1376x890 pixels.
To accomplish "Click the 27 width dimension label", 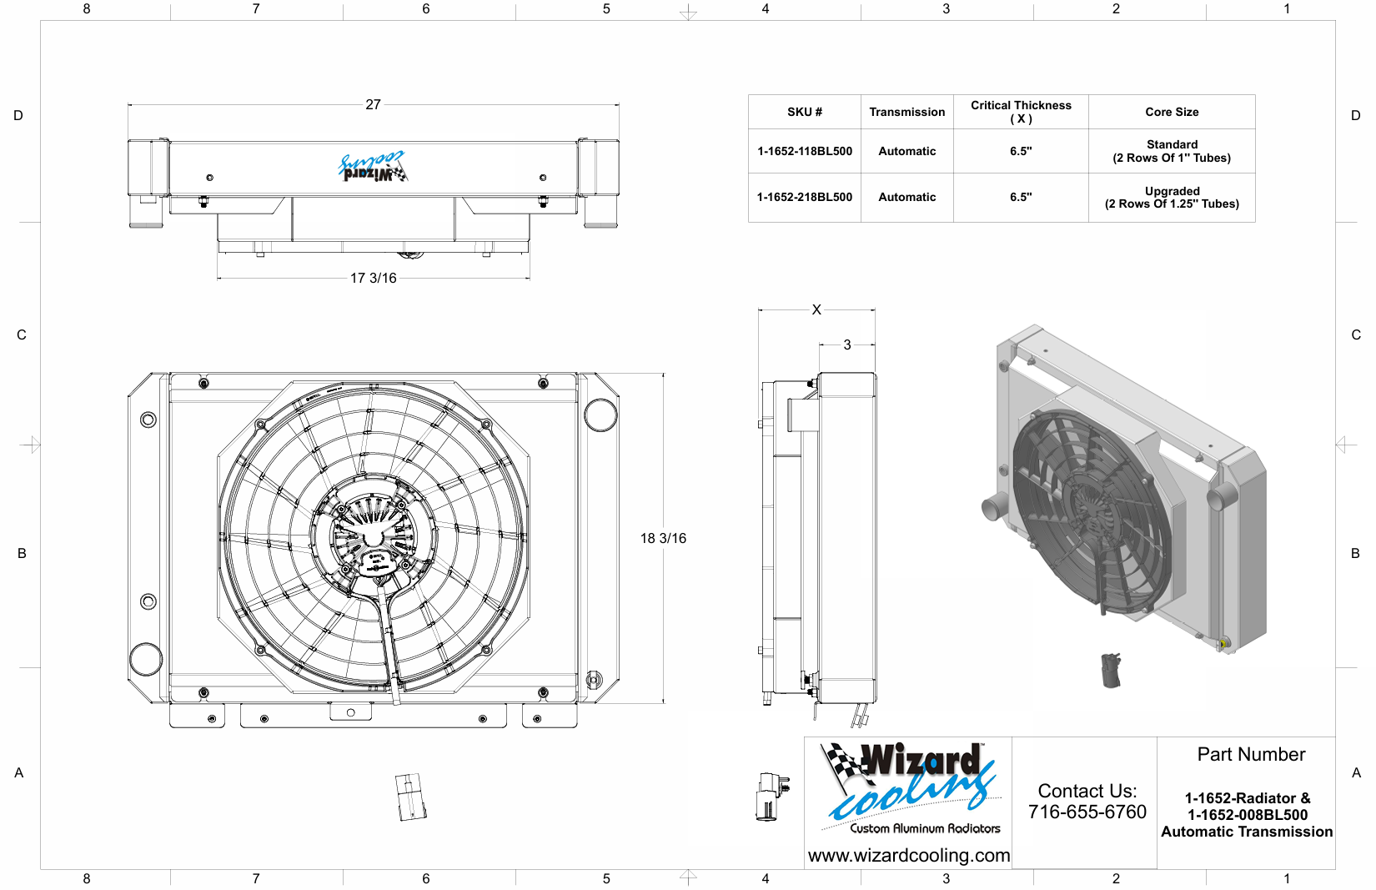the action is (x=373, y=104).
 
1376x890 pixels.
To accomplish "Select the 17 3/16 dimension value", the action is (x=374, y=279).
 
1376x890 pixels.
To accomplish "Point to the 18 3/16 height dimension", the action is (x=663, y=538).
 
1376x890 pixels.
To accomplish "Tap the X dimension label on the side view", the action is (x=816, y=309).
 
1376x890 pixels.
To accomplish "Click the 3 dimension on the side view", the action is (x=847, y=345).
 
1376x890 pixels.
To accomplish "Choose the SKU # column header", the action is (x=805, y=112).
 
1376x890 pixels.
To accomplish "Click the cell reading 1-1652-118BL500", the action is (x=805, y=151).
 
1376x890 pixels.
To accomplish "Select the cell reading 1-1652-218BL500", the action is (x=805, y=197).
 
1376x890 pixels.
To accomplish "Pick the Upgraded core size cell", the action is (x=1172, y=197).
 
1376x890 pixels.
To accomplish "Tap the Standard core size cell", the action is (x=1172, y=151).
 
